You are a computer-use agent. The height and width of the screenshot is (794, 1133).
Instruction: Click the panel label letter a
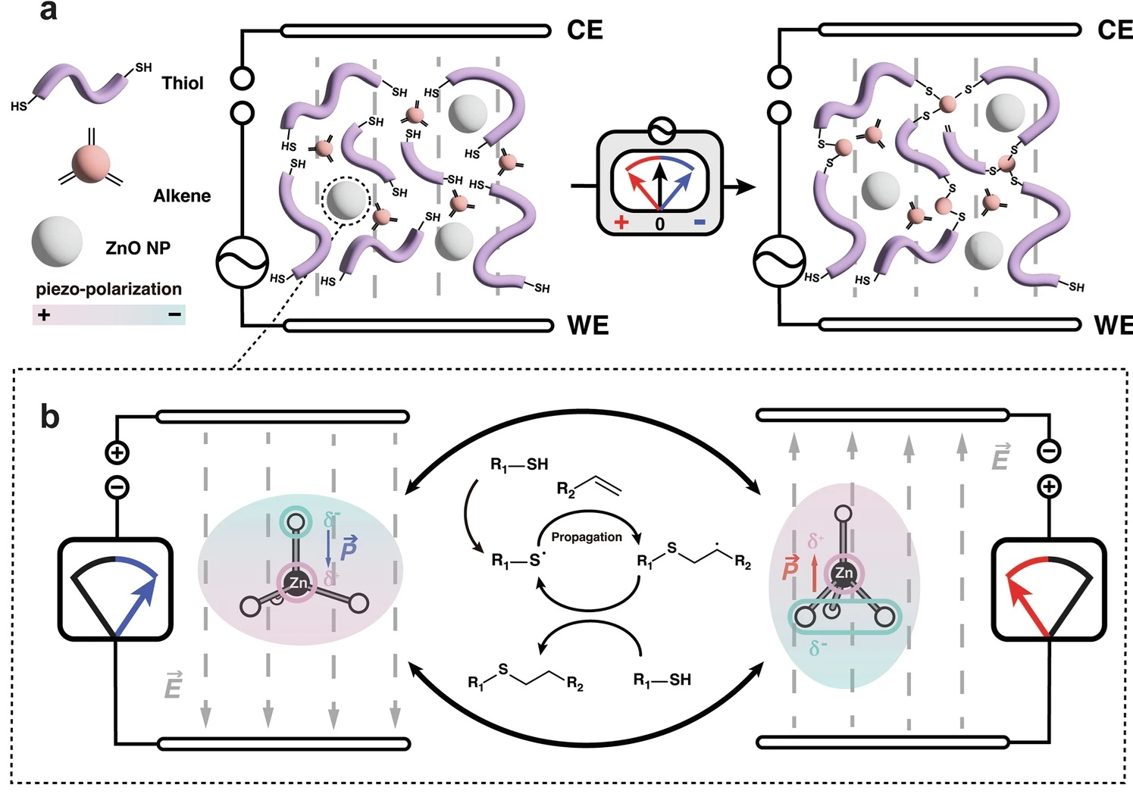coord(48,12)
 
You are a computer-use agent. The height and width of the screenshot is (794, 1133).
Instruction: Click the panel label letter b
coord(49,416)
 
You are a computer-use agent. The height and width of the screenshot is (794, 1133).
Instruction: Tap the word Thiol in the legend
coord(183,83)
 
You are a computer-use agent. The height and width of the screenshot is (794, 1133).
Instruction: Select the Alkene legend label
coord(182,196)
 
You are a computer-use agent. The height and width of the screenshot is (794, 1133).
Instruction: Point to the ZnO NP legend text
coord(138,248)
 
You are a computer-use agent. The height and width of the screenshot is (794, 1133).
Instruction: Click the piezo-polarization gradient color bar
coord(108,314)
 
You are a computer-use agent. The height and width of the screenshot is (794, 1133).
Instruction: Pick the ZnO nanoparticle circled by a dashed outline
coord(346,199)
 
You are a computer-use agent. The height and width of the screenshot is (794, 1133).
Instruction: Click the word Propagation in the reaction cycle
coord(586,537)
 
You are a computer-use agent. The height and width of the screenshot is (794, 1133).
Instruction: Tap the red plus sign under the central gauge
coord(622,223)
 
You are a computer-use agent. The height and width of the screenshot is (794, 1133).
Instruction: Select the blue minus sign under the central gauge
coord(699,222)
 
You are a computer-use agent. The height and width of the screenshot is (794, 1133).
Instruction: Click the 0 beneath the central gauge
coord(659,224)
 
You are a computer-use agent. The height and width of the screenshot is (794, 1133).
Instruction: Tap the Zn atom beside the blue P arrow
coord(298,583)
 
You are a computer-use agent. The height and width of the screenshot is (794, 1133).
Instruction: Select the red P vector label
coord(790,567)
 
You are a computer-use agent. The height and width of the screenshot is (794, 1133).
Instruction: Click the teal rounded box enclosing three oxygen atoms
coord(845,617)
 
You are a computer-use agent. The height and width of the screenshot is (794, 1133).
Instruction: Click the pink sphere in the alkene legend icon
coord(91,164)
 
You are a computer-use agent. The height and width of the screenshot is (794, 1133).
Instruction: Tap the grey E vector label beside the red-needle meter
coord(1000,458)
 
